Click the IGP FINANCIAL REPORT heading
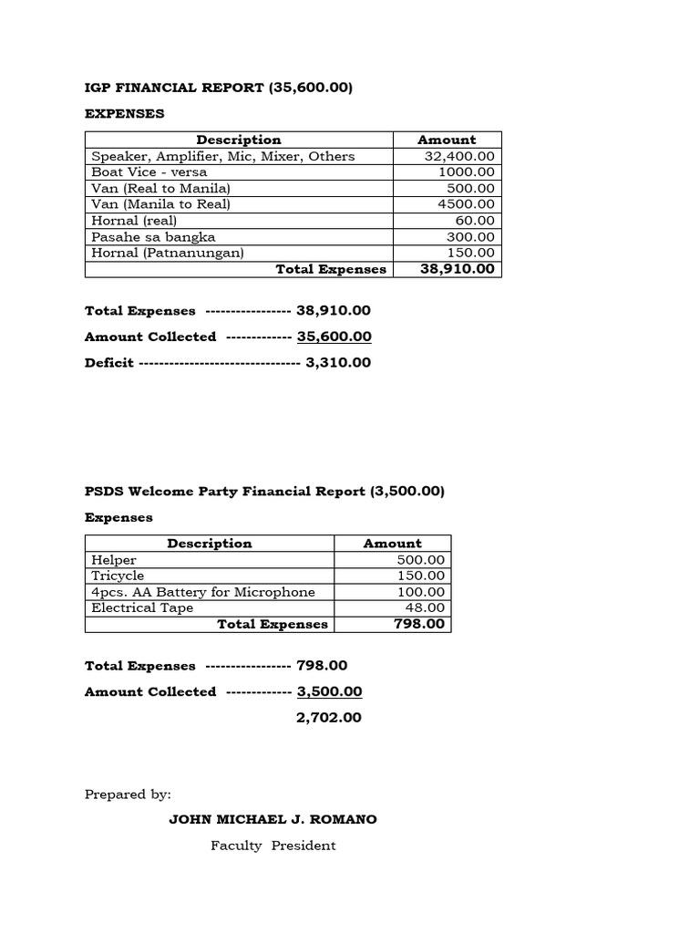click(219, 88)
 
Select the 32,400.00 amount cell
click(459, 156)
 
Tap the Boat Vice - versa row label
click(149, 171)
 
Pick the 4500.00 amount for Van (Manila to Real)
click(466, 204)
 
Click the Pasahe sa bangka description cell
click(153, 236)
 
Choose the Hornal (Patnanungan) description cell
click(168, 253)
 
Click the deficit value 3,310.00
click(339, 362)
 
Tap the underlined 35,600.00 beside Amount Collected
click(335, 337)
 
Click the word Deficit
click(108, 362)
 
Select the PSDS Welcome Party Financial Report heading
click(264, 491)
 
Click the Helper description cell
click(114, 559)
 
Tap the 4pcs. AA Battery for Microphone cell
click(203, 592)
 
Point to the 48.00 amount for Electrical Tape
click(425, 607)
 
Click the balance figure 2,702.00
click(329, 718)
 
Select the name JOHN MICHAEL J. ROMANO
click(273, 819)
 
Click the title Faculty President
click(273, 846)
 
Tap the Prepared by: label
click(128, 794)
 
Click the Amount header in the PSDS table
click(392, 543)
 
